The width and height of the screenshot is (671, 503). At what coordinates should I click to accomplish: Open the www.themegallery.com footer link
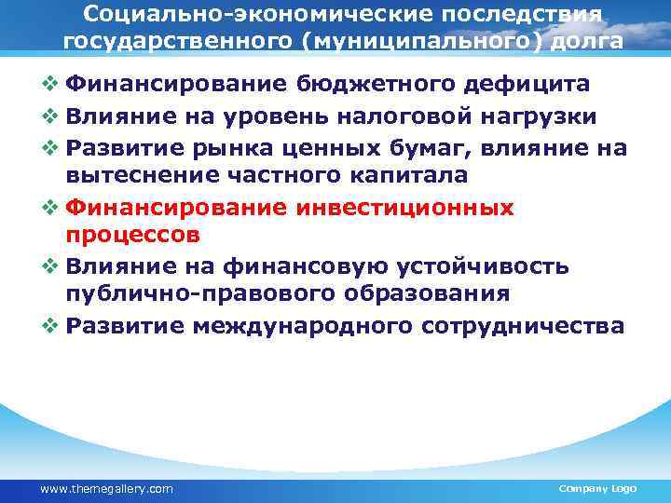click(106, 488)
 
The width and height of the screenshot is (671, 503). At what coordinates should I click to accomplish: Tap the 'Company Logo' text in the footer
click(596, 488)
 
